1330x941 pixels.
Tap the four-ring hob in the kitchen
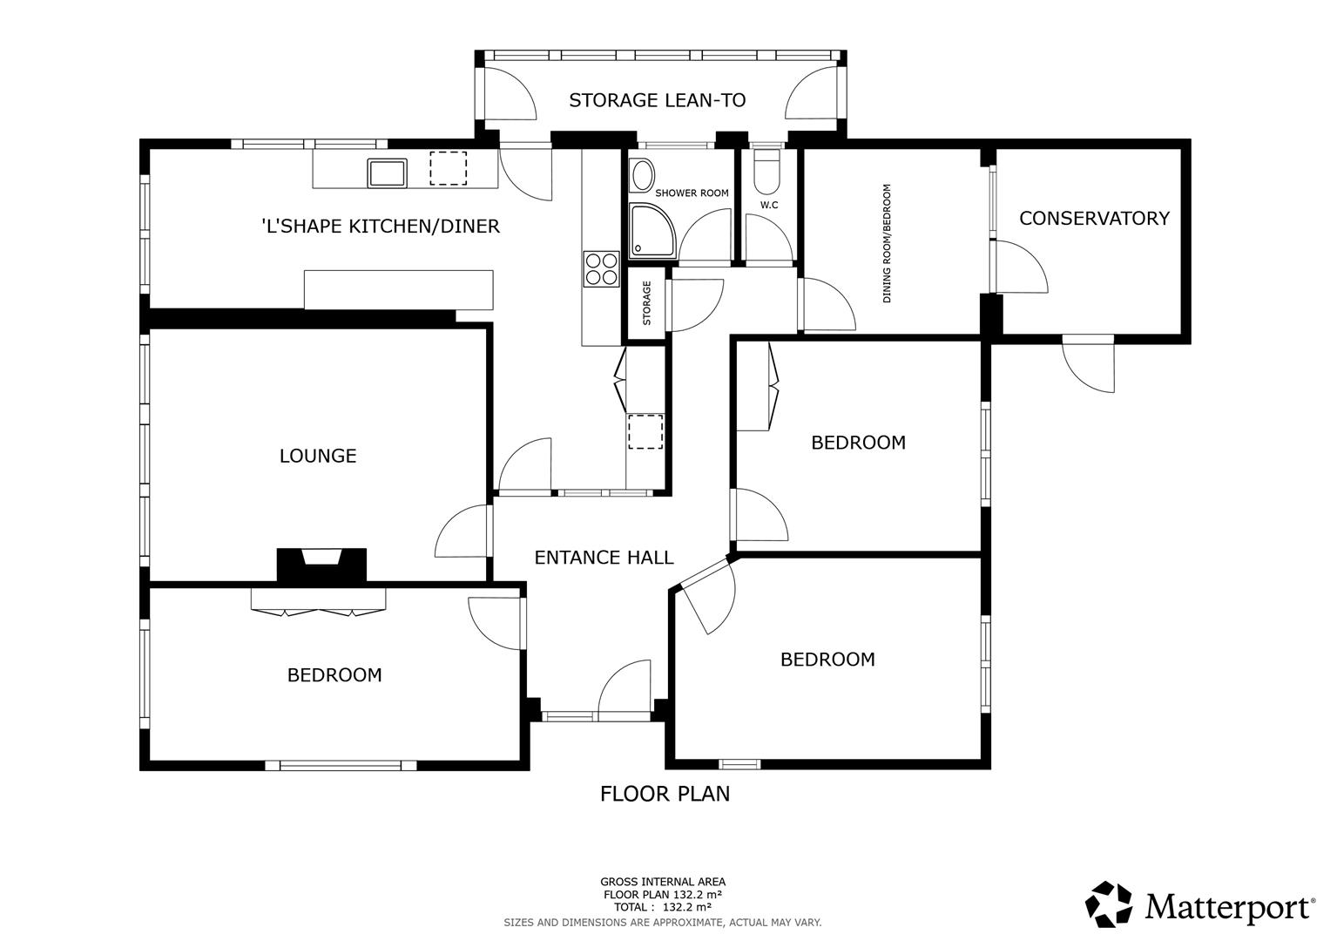(600, 268)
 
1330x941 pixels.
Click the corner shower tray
(651, 231)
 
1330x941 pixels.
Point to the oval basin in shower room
(642, 175)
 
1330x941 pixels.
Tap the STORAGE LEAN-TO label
(657, 100)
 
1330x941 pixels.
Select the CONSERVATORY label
(1093, 218)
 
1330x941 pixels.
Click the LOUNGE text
(318, 456)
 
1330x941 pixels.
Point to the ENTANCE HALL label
(604, 558)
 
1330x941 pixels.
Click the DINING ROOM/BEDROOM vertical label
(888, 242)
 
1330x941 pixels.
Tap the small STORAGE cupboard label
(646, 302)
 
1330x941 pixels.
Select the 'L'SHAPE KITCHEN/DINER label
(381, 227)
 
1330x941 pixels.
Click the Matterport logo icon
(1108, 904)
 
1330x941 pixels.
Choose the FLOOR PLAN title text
(665, 794)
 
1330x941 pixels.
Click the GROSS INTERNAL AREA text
(662, 882)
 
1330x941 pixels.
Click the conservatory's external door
(1089, 363)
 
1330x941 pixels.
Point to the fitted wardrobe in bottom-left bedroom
(318, 600)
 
